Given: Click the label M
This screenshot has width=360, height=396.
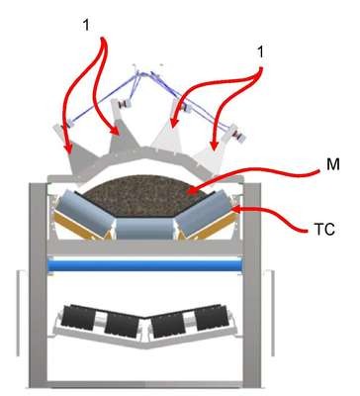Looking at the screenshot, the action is (x=333, y=164).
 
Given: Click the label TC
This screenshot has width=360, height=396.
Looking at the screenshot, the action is (x=323, y=230).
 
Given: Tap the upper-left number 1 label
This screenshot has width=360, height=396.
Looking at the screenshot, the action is (x=86, y=25).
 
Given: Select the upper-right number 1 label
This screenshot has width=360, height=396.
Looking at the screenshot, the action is (x=260, y=51).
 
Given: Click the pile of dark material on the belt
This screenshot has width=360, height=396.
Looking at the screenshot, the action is (x=144, y=196).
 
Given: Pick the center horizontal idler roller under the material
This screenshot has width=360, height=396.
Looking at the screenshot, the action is (x=144, y=229).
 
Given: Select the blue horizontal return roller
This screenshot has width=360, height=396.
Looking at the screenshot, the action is (x=144, y=265).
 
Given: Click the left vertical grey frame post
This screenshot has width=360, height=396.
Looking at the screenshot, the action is (x=39, y=285).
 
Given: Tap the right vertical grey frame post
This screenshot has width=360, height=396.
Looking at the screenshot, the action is (x=252, y=285).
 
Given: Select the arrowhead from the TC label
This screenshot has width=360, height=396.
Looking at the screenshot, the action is (x=236, y=209).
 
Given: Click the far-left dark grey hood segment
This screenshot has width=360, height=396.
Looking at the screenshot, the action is (x=81, y=157).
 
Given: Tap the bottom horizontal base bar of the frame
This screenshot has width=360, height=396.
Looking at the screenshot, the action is (x=145, y=384).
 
